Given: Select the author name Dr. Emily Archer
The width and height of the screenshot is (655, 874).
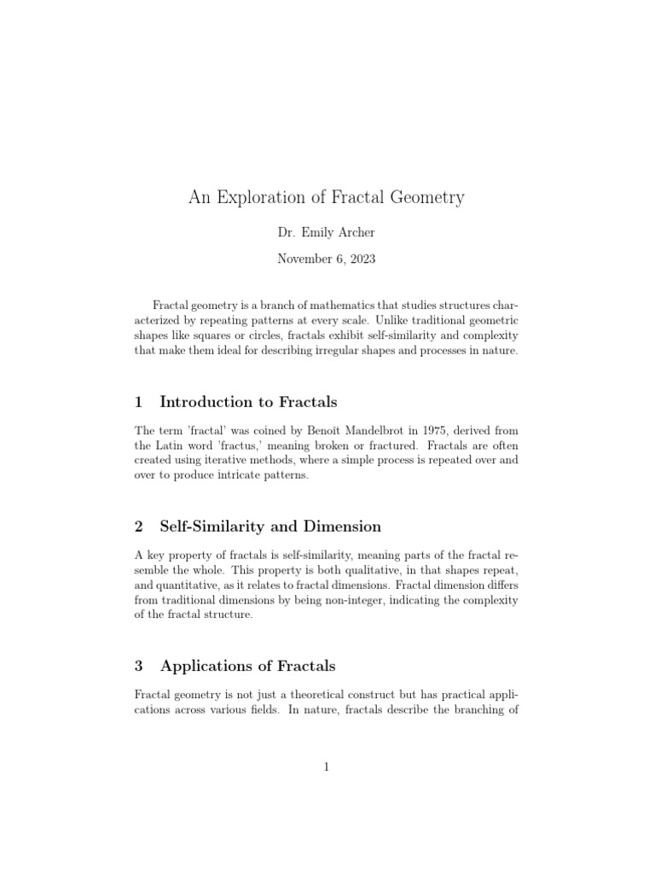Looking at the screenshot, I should click(x=327, y=232).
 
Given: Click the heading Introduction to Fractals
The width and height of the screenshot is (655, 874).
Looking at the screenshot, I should click(x=248, y=402).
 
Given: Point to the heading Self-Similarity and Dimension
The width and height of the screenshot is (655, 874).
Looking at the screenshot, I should click(x=270, y=526).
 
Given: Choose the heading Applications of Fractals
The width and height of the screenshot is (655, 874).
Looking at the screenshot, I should click(x=247, y=666).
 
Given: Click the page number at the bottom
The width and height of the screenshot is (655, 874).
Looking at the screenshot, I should click(x=327, y=767).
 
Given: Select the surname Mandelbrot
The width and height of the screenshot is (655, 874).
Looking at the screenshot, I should click(x=345, y=430).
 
